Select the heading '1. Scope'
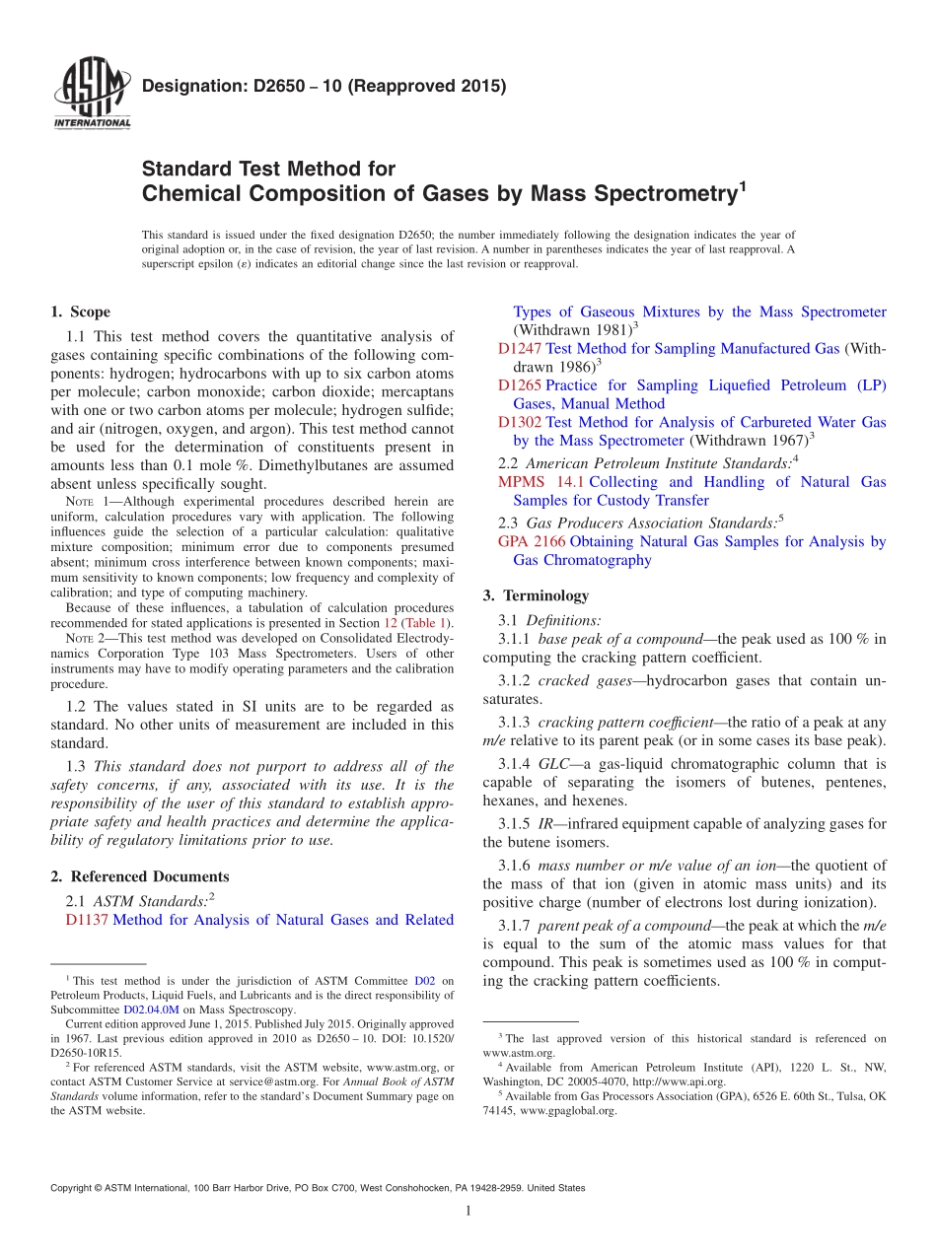pyautogui.click(x=80, y=312)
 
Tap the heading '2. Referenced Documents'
pyautogui.click(x=139, y=876)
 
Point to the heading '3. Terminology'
pyautogui.click(x=536, y=595)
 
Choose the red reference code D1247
pyautogui.click(x=519, y=348)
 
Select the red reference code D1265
pyautogui.click(x=519, y=384)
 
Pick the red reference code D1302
pyautogui.click(x=519, y=422)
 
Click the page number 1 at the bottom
pyautogui.click(x=468, y=1211)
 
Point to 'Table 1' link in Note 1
pyautogui.click(x=429, y=623)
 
